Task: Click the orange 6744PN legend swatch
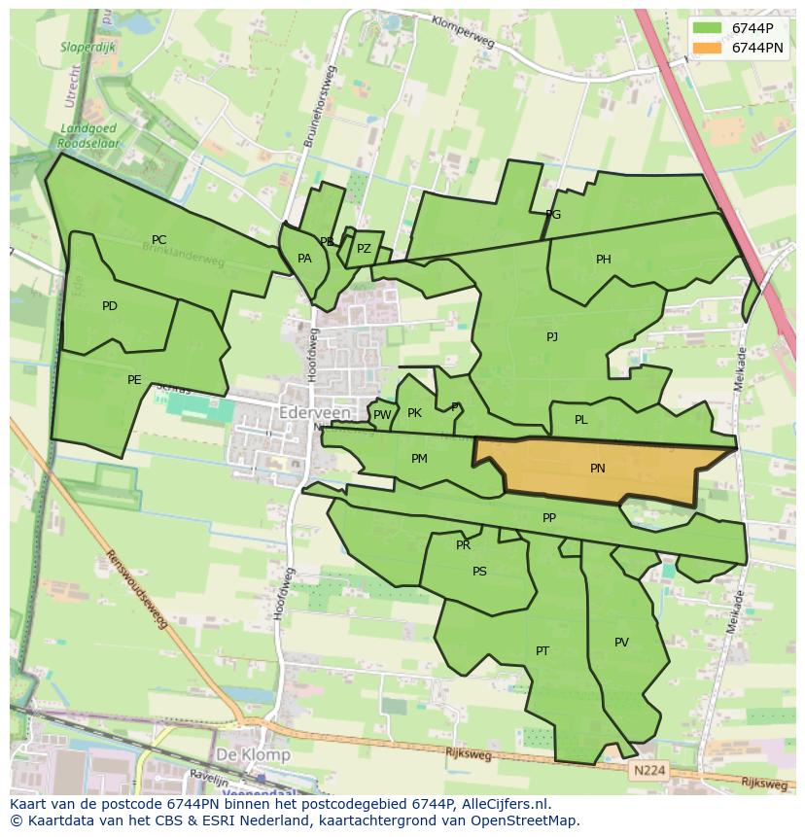707,47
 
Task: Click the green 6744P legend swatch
707,28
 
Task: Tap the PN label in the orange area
598,468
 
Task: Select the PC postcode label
159,240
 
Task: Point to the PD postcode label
110,306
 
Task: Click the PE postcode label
134,380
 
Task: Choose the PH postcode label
604,260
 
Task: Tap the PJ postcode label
552,337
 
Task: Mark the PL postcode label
581,420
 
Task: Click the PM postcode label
419,459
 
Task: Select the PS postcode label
479,572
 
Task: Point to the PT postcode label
542,651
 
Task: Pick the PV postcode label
621,643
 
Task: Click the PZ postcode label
364,249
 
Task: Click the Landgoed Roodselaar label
87,135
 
